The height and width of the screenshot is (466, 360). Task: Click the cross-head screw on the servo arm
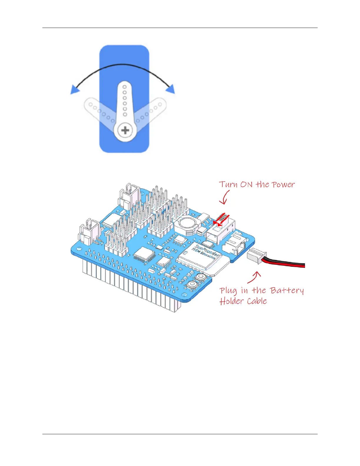[x=125, y=130]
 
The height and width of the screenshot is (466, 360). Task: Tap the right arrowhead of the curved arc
[x=171, y=89]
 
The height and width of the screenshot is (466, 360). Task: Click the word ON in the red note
[x=246, y=184]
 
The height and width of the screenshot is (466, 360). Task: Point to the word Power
[x=283, y=184]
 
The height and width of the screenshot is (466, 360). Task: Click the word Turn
[x=228, y=184]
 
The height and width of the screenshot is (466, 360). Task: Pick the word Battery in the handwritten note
[x=287, y=291]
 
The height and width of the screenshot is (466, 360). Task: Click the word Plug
[x=228, y=291]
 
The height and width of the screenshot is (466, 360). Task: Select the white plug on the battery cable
[x=256, y=256]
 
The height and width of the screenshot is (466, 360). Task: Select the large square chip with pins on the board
[x=144, y=254]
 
